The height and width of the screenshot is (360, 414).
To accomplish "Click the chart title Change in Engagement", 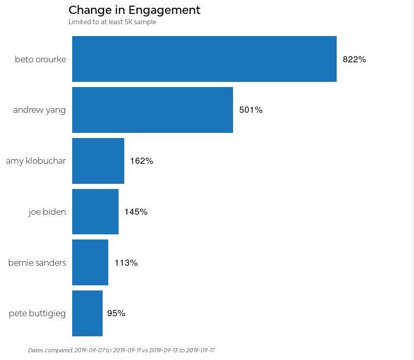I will click(x=134, y=10).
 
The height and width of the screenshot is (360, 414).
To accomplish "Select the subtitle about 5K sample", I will click(x=112, y=22).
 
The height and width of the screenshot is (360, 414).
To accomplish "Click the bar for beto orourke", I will click(x=204, y=59).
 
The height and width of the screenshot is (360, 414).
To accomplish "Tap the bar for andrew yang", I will click(x=152, y=110).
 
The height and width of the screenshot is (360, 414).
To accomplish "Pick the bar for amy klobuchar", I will click(x=98, y=161).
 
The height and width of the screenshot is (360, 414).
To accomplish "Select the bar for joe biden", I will click(x=95, y=212).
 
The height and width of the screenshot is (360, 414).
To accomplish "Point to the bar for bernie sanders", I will click(x=90, y=263).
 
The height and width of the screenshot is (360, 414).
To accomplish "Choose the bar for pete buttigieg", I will click(x=87, y=313).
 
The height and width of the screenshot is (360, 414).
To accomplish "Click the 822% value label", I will click(x=354, y=59).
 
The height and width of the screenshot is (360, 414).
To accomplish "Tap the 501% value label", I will click(x=251, y=110).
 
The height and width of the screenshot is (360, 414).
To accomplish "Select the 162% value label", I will click(x=141, y=161).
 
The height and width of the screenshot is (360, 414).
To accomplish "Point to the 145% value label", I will click(x=136, y=212).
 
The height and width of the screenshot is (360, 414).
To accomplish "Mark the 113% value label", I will click(x=126, y=263).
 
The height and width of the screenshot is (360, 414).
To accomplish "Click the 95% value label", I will click(x=116, y=314).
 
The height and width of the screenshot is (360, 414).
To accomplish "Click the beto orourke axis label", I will click(x=40, y=59).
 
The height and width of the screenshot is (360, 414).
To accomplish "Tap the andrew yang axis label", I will click(x=39, y=110).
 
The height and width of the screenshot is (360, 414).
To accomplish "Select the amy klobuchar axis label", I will click(x=36, y=161).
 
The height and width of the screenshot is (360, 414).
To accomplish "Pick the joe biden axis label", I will click(x=47, y=212).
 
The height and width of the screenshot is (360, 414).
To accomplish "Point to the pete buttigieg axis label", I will click(x=37, y=314).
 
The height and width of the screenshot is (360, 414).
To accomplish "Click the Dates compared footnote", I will click(x=121, y=350).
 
